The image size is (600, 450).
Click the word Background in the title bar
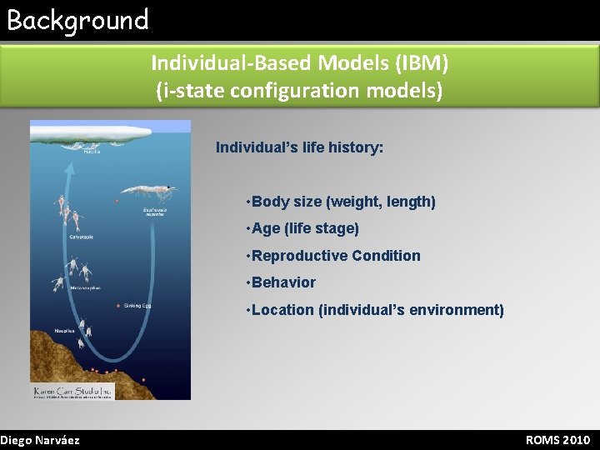pos(77,19)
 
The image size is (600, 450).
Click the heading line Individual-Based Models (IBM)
pos(299,62)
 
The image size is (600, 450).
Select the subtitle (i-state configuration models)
pos(299,89)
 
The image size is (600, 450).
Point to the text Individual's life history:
pos(299,147)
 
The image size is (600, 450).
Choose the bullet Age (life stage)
pos(305,228)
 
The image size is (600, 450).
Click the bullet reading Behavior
pos(283,282)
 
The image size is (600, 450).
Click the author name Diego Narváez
pos(40,440)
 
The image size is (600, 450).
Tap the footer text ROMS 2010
pos(557,440)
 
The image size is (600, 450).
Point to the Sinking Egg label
pos(137,306)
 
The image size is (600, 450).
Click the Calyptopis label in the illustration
pos(81,236)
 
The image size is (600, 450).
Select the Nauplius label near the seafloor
pos(65,331)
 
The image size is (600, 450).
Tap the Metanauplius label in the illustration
pos(85,287)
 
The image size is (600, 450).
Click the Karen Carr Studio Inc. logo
pos(72,391)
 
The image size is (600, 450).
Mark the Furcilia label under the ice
pos(92,152)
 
